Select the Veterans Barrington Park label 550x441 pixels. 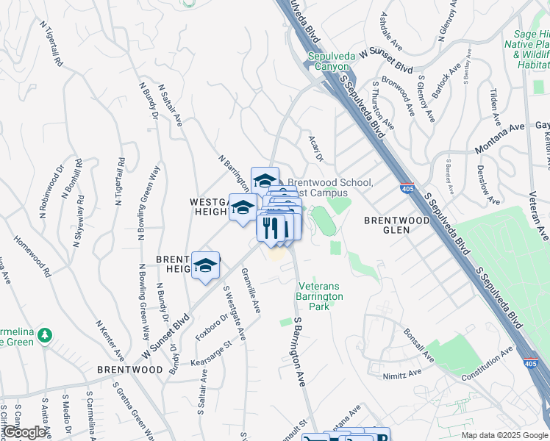(320, 296)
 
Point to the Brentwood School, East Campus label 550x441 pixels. (331, 187)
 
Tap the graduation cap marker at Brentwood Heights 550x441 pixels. (206, 265)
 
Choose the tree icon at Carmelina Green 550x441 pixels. (46, 335)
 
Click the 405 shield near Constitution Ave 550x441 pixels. (530, 364)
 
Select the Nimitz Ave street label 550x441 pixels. (402, 373)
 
